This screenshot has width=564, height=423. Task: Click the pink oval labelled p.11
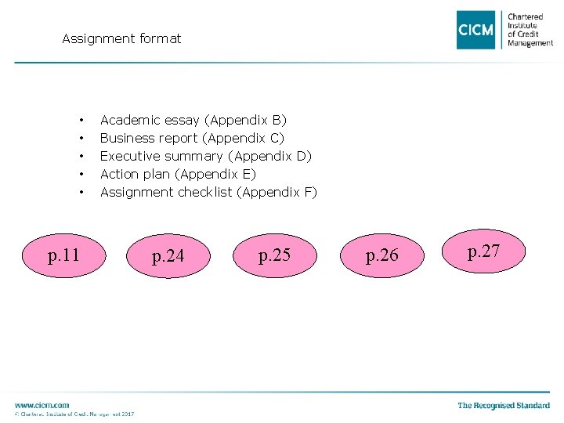pos(63,255)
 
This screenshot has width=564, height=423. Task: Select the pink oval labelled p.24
pos(168,256)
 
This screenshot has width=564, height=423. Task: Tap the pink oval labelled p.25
pos(274,255)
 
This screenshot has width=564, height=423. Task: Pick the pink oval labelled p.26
pos(381,255)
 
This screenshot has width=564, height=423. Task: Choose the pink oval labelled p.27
pos(483,251)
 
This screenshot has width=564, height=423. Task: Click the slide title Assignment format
pos(121,38)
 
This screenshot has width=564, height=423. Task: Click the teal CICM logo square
pos(476,30)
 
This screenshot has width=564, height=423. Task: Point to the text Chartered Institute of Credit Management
pos(530,30)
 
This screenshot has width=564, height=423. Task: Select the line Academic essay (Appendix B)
pos(193,120)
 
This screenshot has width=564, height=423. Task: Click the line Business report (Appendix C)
pos(192,138)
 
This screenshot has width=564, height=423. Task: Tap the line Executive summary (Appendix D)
pos(205,156)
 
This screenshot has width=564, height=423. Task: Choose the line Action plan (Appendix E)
pos(178,174)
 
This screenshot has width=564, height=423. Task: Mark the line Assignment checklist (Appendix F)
pos(208,192)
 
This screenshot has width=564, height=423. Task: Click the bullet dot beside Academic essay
pos(81,121)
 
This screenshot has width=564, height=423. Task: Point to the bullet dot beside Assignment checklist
pos(81,193)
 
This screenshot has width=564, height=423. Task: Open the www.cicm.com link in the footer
pos(42,405)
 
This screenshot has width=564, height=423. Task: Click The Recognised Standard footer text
pos(504,405)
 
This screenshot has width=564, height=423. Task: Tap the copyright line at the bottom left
pos(74,414)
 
